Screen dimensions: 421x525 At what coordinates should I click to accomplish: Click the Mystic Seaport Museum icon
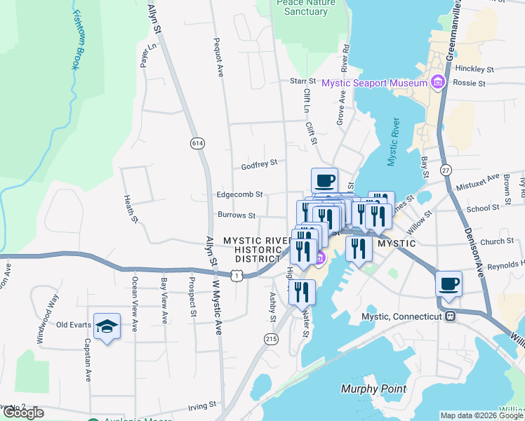pyautogui.click(x=439, y=83)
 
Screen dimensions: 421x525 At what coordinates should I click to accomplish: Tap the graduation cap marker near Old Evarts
pyautogui.click(x=107, y=326)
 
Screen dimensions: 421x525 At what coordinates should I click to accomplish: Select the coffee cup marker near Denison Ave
pyautogui.click(x=448, y=284)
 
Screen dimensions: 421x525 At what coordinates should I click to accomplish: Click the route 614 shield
pyautogui.click(x=197, y=143)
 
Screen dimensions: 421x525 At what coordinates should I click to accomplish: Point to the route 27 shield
pyautogui.click(x=446, y=170)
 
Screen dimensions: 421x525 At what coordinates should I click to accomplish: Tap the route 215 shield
pyautogui.click(x=270, y=339)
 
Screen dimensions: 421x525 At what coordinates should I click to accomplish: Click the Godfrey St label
pyautogui.click(x=259, y=164)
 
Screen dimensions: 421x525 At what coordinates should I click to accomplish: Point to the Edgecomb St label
pyautogui.click(x=239, y=194)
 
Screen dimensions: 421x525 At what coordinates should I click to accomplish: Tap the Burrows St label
pyautogui.click(x=236, y=215)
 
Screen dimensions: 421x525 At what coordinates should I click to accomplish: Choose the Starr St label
pyautogui.click(x=303, y=81)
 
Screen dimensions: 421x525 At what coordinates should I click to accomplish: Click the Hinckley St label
pyautogui.click(x=474, y=69)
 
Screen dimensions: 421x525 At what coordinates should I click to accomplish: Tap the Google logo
pyautogui.click(x=23, y=413)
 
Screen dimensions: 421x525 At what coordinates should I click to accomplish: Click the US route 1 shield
pyautogui.click(x=239, y=276)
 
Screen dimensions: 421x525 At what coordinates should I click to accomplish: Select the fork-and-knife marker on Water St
pyautogui.click(x=302, y=292)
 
